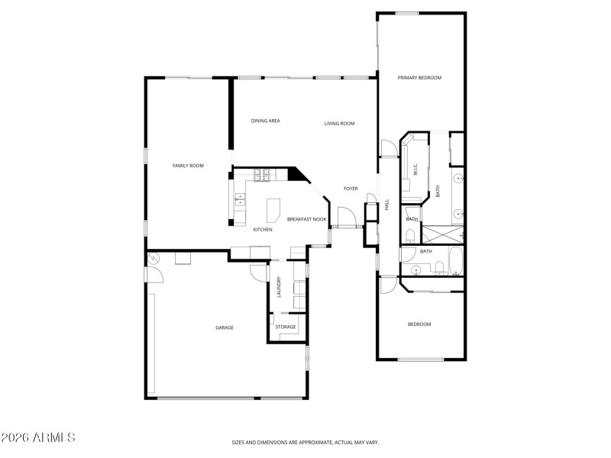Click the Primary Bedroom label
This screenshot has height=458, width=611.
click(x=419, y=78)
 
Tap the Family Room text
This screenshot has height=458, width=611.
click(x=187, y=166)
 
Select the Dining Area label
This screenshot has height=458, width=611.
click(x=265, y=121)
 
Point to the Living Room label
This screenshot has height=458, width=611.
click(x=339, y=124)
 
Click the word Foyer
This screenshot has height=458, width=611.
click(x=351, y=189)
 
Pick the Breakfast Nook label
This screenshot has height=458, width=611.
click(x=307, y=219)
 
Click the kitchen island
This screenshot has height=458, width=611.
click(x=273, y=208)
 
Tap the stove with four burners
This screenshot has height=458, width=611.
click(x=263, y=175)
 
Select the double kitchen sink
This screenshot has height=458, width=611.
click(x=240, y=200)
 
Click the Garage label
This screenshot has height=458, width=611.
click(x=224, y=327)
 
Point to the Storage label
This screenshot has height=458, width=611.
click(x=286, y=327)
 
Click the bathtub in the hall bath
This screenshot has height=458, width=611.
click(x=455, y=260)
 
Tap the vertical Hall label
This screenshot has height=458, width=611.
click(x=387, y=205)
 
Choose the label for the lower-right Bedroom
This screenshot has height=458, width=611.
click(x=419, y=324)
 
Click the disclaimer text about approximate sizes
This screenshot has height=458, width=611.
click(x=305, y=442)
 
